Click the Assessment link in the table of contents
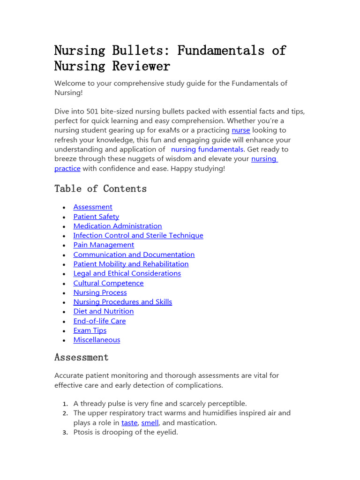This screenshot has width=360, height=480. [x=93, y=207]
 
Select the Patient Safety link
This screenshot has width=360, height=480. [x=96, y=217]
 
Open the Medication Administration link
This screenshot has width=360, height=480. [x=118, y=226]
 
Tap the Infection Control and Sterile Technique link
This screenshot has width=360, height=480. [x=138, y=235]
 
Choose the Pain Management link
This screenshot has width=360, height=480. [x=104, y=245]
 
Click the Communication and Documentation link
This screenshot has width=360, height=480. [x=134, y=255]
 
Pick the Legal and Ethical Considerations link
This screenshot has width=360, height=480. [x=127, y=273]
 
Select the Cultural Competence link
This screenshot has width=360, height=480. [x=108, y=283]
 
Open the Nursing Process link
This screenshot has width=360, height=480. [x=100, y=292]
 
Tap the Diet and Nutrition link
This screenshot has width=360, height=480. [x=104, y=311]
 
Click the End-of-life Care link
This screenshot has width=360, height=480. [x=99, y=321]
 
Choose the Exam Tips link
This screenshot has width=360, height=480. [x=90, y=330]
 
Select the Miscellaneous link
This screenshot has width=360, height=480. [x=97, y=340]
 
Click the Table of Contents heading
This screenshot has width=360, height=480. [x=100, y=188]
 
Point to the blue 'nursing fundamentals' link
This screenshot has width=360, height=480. [x=207, y=149]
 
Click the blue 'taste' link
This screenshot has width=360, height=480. [x=129, y=423]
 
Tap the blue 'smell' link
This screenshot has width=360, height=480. [x=150, y=423]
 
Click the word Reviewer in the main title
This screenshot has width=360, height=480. [x=141, y=66]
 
